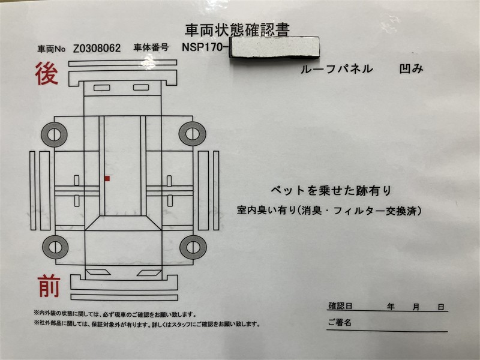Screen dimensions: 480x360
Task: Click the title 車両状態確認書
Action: pos(237,30)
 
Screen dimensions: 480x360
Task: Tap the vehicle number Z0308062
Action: pos(97,48)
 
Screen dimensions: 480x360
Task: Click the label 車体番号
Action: pos(151,47)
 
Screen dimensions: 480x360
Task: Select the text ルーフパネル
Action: pos(337,69)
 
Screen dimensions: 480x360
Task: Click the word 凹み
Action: pos(411,69)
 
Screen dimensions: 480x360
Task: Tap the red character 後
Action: pos(47,73)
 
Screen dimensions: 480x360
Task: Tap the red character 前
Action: pos(49,286)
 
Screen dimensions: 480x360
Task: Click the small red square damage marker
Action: pos(107,178)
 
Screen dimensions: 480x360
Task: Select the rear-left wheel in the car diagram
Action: pos(54,134)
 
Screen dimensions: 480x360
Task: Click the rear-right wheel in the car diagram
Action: pos(192,134)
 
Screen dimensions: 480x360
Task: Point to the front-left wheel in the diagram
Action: pos(55,247)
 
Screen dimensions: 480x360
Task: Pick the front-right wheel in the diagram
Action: pos(193,247)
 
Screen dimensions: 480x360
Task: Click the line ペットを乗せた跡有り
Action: pos(331,191)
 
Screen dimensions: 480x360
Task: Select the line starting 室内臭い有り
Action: pos(329,211)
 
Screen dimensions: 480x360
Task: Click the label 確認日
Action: pos(340,306)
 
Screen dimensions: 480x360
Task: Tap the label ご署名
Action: pos(340,322)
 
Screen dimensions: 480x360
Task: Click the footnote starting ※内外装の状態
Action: pos(115,314)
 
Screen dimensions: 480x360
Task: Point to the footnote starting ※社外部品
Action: pos(146,324)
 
